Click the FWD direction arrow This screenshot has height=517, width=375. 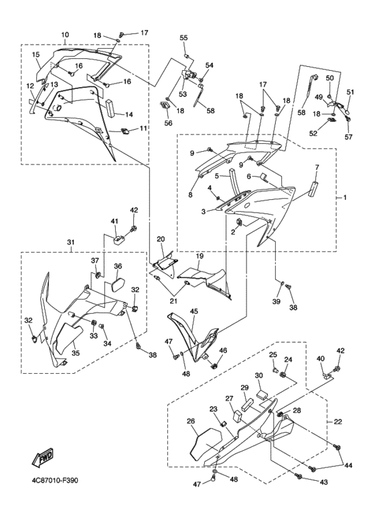[x=42, y=458]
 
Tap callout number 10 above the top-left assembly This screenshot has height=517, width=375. [x=65, y=35]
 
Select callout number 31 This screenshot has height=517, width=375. [x=70, y=242]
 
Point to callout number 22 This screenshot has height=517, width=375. [x=337, y=422]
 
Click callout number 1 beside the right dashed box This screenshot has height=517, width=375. [x=345, y=197]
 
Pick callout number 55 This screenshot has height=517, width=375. [x=183, y=38]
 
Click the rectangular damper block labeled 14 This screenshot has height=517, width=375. [x=110, y=108]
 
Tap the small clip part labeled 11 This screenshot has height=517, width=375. [x=125, y=131]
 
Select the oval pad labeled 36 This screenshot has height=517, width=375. [x=118, y=285]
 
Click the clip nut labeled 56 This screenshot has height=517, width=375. [x=164, y=105]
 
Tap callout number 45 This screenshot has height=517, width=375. [x=194, y=311]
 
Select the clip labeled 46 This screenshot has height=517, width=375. [x=214, y=365]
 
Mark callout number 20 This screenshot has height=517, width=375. [x=161, y=239]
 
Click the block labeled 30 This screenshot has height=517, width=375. [x=262, y=394]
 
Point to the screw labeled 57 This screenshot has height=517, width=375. [x=348, y=119]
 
